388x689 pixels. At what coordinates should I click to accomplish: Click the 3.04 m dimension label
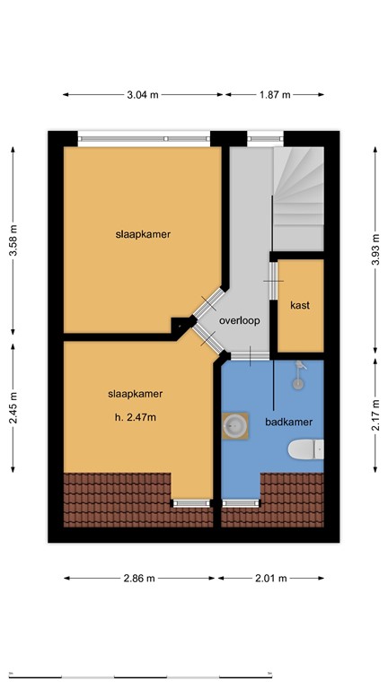[143, 94]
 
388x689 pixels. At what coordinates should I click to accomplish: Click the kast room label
[300, 305]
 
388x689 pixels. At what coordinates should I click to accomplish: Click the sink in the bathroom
[237, 426]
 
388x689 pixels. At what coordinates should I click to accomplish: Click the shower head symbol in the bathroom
[302, 374]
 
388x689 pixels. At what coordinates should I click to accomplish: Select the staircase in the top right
[297, 199]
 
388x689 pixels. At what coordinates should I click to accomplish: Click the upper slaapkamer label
[143, 234]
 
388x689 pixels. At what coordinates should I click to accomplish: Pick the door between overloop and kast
[273, 283]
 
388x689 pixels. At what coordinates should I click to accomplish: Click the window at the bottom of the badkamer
[239, 503]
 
